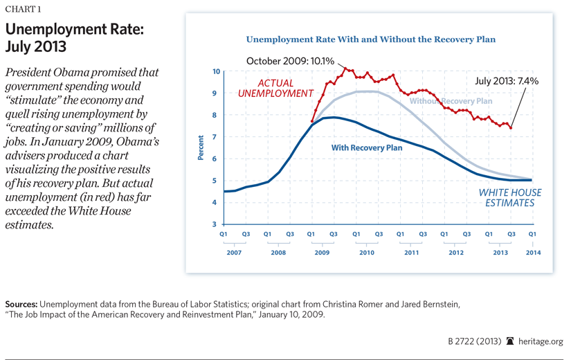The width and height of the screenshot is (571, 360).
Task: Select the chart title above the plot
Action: coord(371,39)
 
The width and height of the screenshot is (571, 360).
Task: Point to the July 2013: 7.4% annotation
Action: coord(507,81)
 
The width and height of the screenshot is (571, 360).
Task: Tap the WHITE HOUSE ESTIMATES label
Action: coord(511,198)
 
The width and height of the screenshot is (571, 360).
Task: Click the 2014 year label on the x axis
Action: coord(531,253)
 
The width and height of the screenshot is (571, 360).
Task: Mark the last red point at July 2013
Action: coord(510,127)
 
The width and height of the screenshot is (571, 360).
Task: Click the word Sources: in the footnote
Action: coord(21,304)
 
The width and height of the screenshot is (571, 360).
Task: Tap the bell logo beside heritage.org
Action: coord(511,341)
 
